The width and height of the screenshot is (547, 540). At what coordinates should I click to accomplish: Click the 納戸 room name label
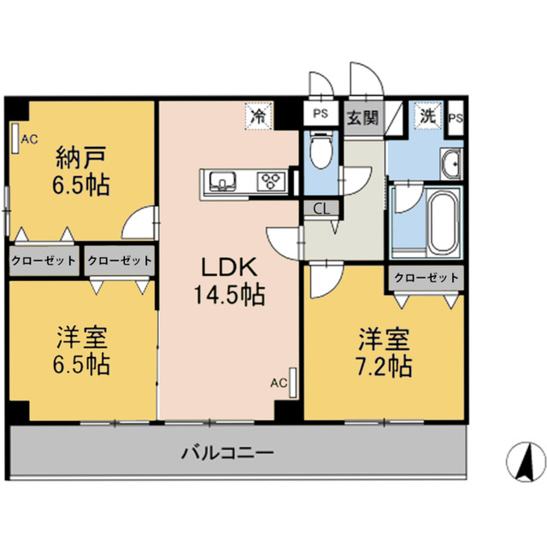click(x=83, y=159)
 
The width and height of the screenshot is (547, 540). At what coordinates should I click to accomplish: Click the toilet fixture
click(x=321, y=152)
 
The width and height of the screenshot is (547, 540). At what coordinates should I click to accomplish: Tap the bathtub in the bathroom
click(x=444, y=222)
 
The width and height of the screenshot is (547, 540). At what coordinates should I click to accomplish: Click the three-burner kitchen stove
click(x=273, y=181)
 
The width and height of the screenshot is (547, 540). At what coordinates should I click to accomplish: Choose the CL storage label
click(x=322, y=207)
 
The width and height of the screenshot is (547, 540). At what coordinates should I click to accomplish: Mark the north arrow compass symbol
click(x=526, y=462)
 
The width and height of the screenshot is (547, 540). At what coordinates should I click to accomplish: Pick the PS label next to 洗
click(x=456, y=118)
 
